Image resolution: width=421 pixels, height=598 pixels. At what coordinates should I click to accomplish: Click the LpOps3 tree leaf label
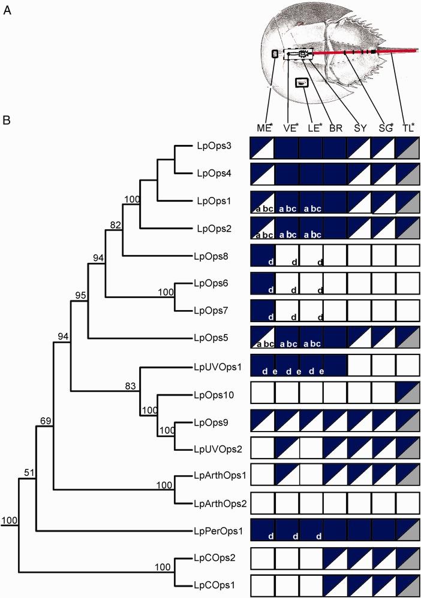(x=212, y=146)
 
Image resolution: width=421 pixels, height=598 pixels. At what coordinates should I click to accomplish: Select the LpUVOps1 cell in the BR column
(x=335, y=366)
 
